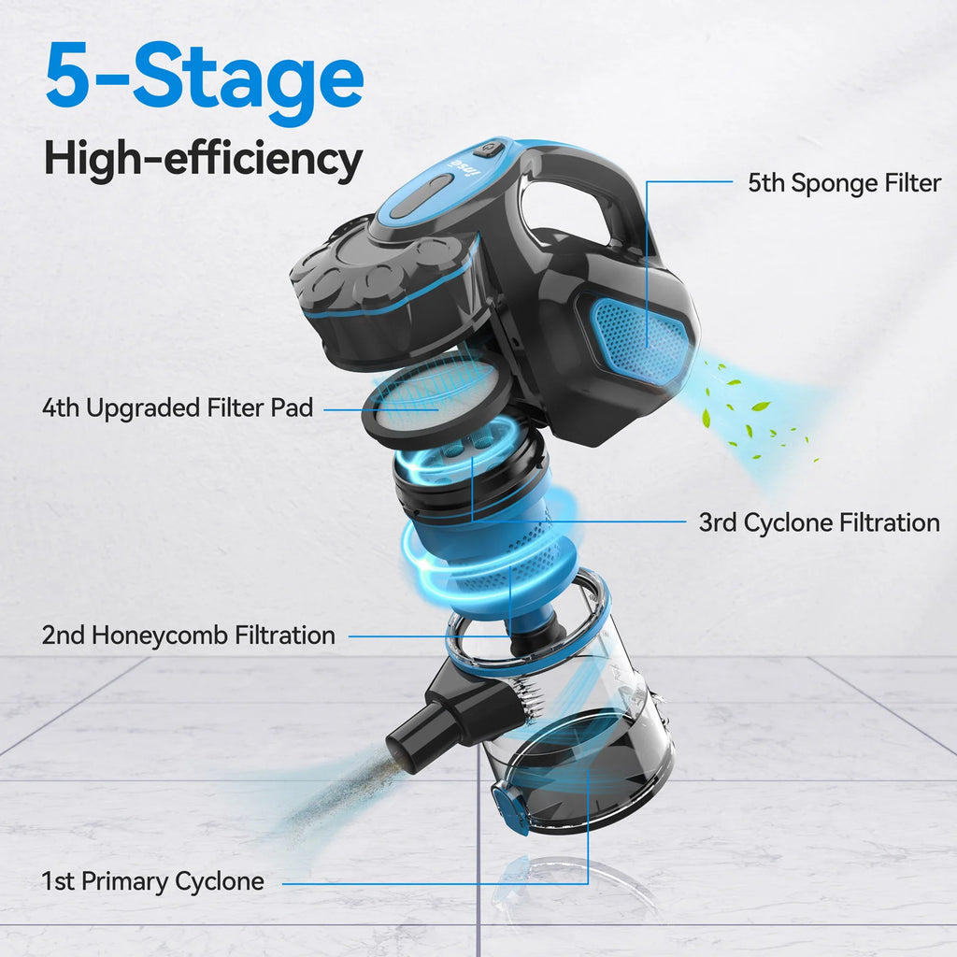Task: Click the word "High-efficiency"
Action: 203,160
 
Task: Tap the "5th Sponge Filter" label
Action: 844,183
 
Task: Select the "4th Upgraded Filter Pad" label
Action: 178,407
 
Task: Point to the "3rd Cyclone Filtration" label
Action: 819,522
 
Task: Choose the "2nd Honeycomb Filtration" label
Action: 188,636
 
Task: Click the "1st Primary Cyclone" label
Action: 152,880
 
